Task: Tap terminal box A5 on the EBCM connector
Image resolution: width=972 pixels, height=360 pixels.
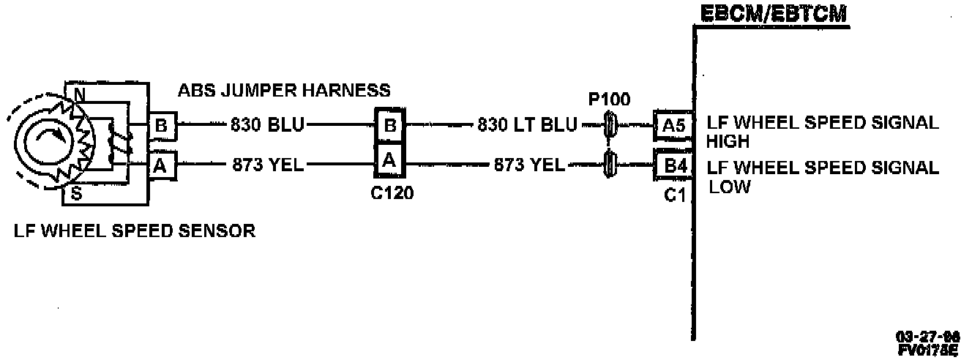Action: [x=670, y=126]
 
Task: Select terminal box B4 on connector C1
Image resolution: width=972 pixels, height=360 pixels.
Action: [x=670, y=166]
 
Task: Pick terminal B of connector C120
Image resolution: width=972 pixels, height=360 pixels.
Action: [x=390, y=126]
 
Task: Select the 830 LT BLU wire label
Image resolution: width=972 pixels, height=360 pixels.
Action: [x=527, y=126]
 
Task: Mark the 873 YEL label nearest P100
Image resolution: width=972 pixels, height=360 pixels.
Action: [x=528, y=165]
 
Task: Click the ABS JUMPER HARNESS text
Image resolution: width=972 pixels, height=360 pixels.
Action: [x=284, y=91]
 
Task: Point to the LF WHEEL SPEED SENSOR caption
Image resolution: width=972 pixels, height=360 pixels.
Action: [x=135, y=232]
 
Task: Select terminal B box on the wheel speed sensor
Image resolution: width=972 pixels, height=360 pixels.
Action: [x=161, y=126]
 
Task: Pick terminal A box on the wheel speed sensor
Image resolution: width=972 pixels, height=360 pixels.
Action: [x=161, y=165]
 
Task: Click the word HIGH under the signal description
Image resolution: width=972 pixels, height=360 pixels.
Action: [x=728, y=141]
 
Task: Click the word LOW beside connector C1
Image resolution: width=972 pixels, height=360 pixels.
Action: [x=730, y=187]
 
